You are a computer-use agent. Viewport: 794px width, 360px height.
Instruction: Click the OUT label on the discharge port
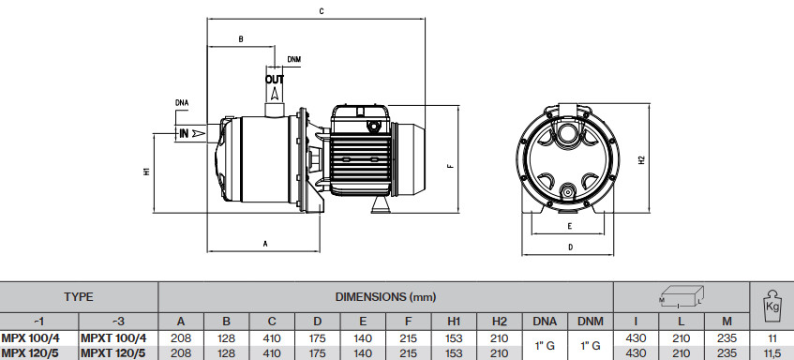(275, 80)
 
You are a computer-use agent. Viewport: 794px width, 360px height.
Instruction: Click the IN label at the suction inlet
(184, 134)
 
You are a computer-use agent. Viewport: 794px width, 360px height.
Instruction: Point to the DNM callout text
(294, 59)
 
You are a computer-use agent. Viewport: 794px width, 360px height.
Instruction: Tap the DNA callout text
(182, 103)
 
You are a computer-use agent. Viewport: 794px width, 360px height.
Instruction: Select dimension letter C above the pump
(322, 10)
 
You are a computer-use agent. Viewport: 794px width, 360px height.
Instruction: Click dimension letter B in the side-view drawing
(241, 39)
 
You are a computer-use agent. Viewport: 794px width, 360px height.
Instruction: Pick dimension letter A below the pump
(265, 244)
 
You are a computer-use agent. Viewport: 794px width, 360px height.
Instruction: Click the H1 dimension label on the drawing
(147, 172)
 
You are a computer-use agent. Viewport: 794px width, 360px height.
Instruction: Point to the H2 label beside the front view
(641, 160)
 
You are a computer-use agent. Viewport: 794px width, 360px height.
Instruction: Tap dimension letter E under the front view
(570, 226)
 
